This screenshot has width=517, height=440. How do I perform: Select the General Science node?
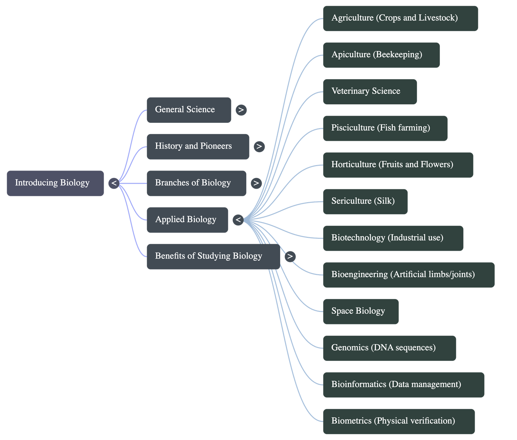point(189,110)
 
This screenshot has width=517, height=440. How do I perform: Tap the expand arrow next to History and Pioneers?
point(259,147)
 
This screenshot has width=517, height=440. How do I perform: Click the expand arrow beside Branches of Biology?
point(256,183)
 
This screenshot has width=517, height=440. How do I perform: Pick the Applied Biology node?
point(187,220)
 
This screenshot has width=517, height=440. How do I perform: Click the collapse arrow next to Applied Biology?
point(238,220)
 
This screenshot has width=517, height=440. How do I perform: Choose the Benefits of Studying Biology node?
point(213,256)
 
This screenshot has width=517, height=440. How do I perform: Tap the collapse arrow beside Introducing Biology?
point(114,183)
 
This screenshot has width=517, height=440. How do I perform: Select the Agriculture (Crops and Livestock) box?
point(400,18)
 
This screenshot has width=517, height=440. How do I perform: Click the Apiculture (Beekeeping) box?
point(381,55)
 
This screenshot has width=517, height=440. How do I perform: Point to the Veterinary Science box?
point(370,91)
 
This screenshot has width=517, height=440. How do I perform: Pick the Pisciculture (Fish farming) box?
point(385,128)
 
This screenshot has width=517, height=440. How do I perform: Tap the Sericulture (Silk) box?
point(365,202)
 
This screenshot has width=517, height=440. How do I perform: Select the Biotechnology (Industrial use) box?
point(393,238)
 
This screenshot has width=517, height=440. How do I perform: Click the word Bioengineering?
point(359,274)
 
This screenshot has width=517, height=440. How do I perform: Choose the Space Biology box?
point(361,311)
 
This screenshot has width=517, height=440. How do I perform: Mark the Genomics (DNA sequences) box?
point(389,348)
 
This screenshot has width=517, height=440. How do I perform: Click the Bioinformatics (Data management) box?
point(404,385)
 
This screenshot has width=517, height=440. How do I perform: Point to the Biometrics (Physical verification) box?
point(399,421)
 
